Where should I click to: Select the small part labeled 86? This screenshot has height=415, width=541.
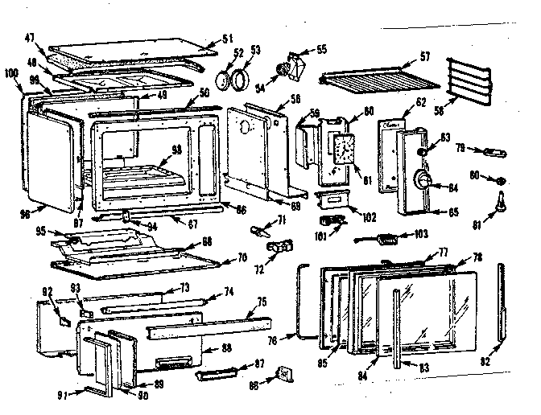tap(283, 373)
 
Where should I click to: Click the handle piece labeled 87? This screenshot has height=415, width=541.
tap(215, 371)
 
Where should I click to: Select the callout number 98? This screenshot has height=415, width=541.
tap(15, 214)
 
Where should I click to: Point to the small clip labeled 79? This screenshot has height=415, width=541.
tap(492, 151)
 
